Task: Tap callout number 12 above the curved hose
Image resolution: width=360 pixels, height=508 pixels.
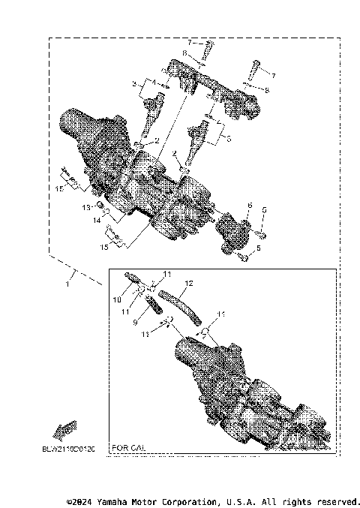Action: point(189,284)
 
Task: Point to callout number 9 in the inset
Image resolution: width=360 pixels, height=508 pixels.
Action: point(135,322)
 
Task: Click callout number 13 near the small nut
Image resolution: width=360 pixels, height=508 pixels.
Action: point(86,206)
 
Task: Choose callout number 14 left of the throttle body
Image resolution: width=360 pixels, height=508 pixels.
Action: point(95,221)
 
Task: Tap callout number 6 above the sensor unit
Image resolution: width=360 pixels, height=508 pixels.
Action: point(249,205)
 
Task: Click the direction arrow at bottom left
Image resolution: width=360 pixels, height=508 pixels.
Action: point(64,430)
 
